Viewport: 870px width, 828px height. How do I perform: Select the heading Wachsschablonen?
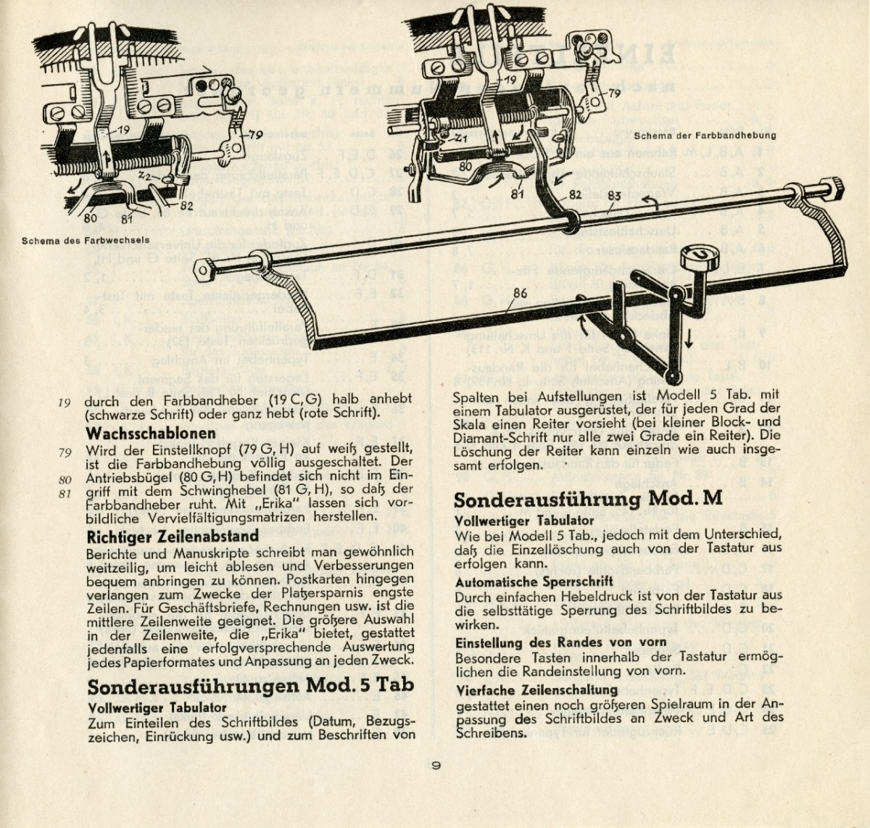click(150, 434)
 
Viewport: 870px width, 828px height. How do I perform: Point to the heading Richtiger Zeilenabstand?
click(172, 537)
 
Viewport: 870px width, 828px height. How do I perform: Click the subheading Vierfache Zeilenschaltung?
click(536, 690)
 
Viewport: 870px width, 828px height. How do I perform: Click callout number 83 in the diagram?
click(614, 194)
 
